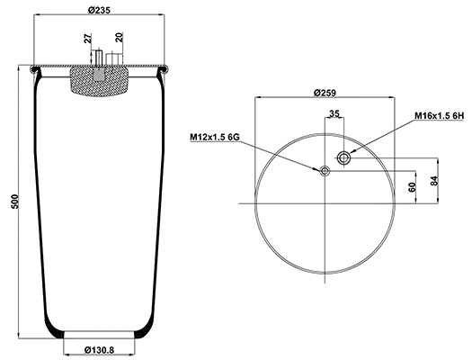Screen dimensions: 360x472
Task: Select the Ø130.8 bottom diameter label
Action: (100, 349)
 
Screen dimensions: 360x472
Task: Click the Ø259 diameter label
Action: (325, 93)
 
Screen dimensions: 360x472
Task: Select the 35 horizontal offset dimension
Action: (334, 115)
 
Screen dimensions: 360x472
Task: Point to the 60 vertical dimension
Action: (413, 186)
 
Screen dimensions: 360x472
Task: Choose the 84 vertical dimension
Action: (435, 181)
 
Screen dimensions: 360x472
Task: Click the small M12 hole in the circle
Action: (325, 170)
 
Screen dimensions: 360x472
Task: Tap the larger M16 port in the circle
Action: (343, 158)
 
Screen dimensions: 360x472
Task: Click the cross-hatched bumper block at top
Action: (100, 84)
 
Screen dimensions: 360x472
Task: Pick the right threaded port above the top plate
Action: (113, 58)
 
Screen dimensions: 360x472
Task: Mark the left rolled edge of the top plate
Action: (34, 68)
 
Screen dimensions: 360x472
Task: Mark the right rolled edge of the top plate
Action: (165, 68)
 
